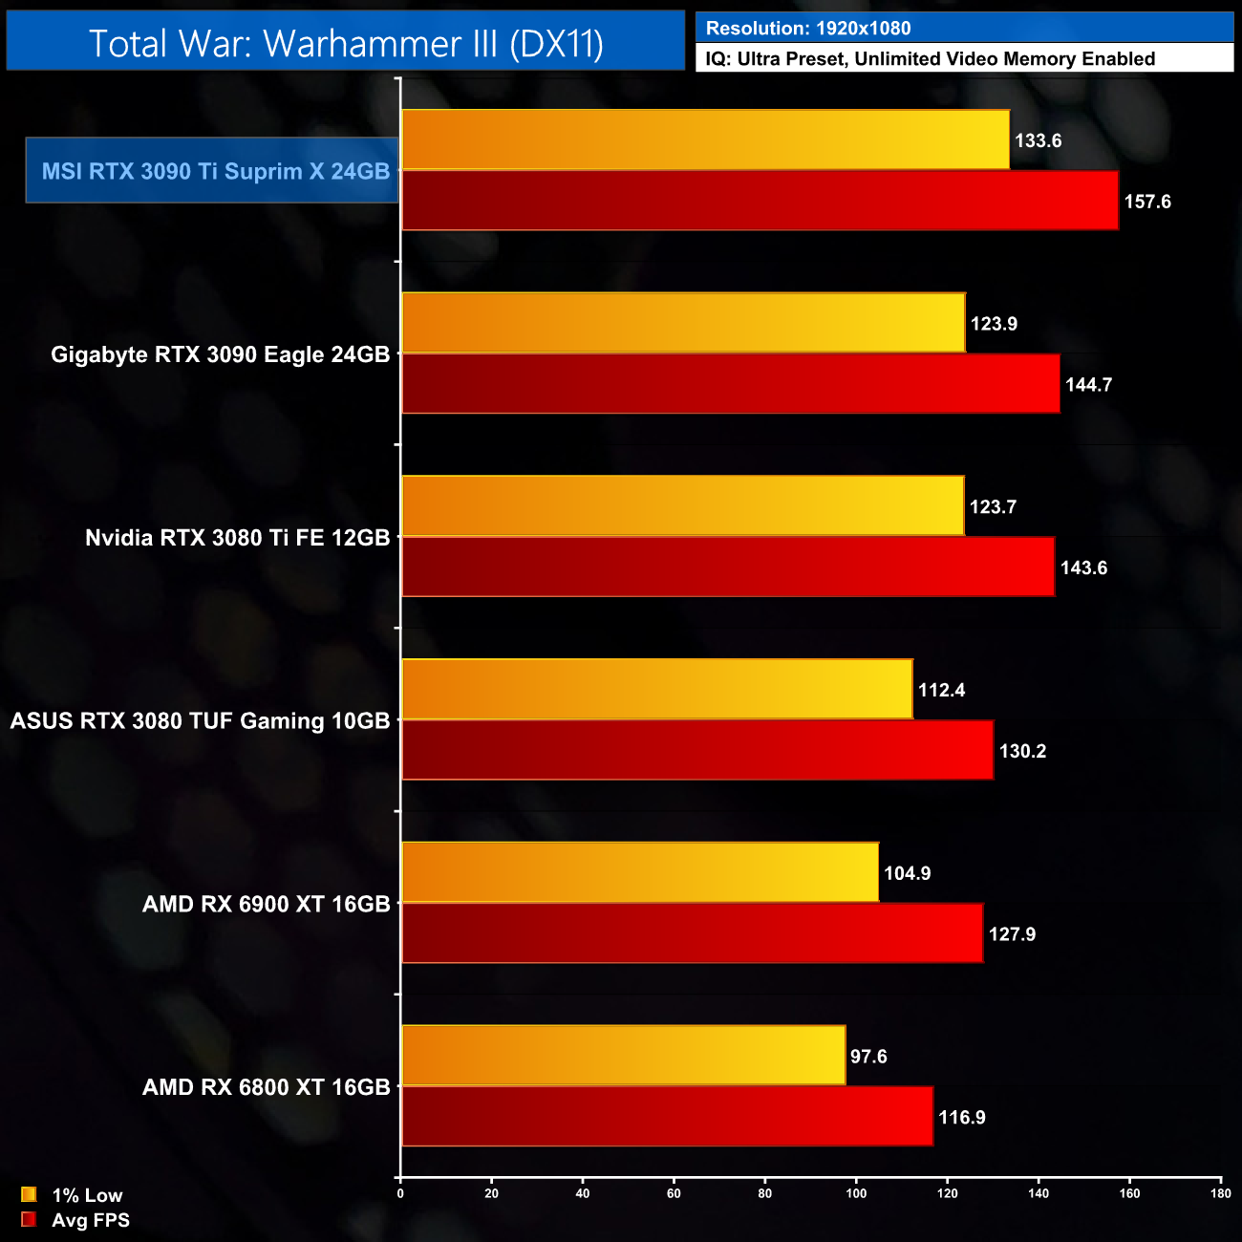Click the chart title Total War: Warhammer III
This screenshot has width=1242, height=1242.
pos(346,43)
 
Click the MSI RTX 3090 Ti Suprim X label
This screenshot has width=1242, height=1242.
pos(215,171)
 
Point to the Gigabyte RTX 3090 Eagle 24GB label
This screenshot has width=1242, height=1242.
pos(221,354)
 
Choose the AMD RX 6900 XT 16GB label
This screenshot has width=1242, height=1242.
pos(267,904)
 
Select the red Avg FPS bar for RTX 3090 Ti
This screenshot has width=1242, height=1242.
pos(760,202)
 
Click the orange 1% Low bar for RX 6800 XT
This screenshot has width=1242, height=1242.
pos(624,1056)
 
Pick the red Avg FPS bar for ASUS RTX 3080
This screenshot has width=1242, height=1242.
pos(697,751)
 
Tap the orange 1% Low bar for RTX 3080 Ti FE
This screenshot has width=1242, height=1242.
pos(683,506)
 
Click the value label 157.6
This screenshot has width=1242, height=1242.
pos(1147,202)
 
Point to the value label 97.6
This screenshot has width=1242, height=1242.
pos(868,1057)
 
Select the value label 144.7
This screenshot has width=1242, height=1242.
pos(1089,385)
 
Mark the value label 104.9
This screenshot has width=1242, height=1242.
pos(908,873)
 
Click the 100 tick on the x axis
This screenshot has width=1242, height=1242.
pos(856,1193)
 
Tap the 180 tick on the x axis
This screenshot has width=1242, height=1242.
pos(1221,1193)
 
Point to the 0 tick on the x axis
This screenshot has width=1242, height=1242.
pos(400,1193)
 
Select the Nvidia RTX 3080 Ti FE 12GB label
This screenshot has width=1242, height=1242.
pos(238,538)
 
